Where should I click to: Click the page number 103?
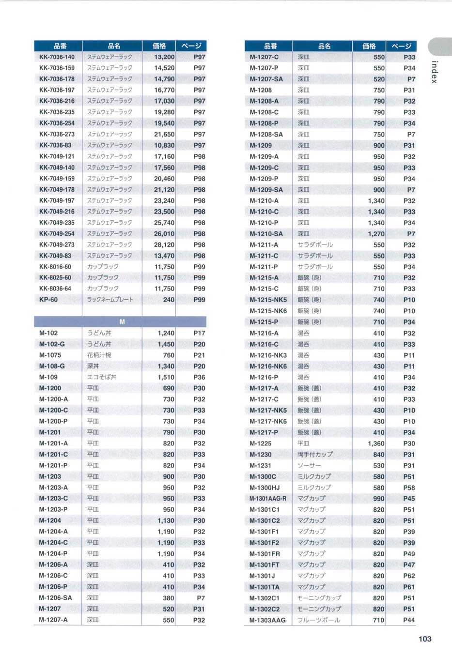click(424, 639)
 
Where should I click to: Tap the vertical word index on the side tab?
click(435, 72)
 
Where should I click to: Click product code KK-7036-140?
click(57, 57)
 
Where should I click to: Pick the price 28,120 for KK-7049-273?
click(164, 244)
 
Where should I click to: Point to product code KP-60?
click(48, 300)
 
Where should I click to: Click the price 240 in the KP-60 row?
click(169, 300)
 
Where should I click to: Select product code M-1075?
click(50, 355)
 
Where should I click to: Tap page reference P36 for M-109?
click(199, 377)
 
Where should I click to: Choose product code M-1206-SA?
click(55, 598)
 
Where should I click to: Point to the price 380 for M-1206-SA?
click(169, 598)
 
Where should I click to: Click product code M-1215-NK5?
click(268, 300)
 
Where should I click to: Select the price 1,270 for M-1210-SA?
click(376, 234)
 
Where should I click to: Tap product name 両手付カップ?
click(315, 455)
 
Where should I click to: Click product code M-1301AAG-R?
click(268, 499)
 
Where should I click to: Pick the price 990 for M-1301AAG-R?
click(379, 499)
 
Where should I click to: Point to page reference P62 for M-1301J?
click(409, 576)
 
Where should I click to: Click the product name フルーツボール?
click(318, 620)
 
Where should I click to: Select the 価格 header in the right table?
click(369, 46)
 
